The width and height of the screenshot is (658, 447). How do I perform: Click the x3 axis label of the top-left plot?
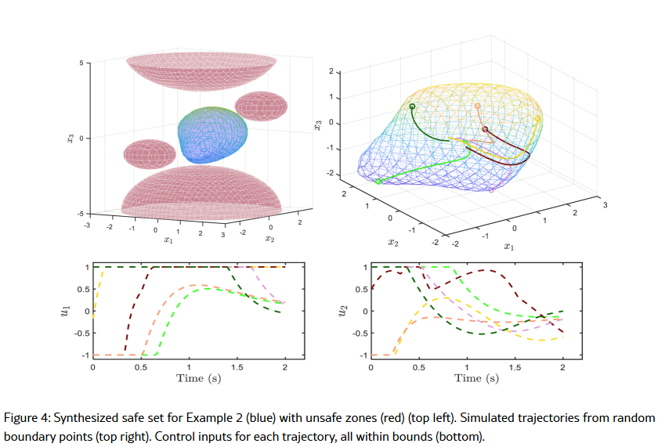pos(70,138)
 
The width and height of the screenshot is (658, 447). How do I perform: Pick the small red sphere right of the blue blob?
pos(262,106)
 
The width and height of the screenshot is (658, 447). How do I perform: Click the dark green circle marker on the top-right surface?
pos(412,106)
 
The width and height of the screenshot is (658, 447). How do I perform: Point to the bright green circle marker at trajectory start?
pos(378,182)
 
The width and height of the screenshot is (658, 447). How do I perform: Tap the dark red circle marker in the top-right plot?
pos(485,129)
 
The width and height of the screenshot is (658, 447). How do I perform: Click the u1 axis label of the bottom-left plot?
pos(65,312)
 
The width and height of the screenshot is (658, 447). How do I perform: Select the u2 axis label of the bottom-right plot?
pos(342,312)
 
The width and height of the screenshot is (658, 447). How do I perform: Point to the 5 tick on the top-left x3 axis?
pos(78,62)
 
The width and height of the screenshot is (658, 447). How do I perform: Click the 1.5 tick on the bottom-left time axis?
pos(237,366)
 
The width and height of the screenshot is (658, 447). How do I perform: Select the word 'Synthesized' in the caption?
pos(84,418)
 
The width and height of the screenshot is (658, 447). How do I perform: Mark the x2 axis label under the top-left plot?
pos(269,238)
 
